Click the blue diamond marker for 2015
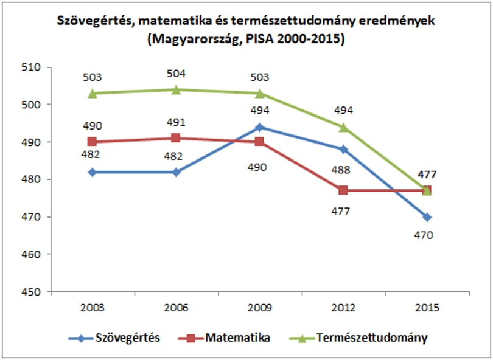pos(427,217)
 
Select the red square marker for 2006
pos(176,138)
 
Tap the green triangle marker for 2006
pos(176,89)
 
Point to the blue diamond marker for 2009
pos(259,127)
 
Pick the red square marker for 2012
pos(343,190)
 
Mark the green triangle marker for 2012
pos(343,127)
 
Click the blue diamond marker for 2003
pos(92,172)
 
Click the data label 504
pos(176,74)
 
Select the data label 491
pos(176,122)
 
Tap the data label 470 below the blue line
pos(424,235)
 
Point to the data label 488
pos(341,170)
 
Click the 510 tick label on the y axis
pos(31,67)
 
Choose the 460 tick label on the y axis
pos(31,254)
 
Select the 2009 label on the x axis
pos(260,308)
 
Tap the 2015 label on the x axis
pos(427,308)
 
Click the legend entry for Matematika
pos(224,338)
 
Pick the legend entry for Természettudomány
pos(358,338)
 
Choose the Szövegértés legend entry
pos(114,338)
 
